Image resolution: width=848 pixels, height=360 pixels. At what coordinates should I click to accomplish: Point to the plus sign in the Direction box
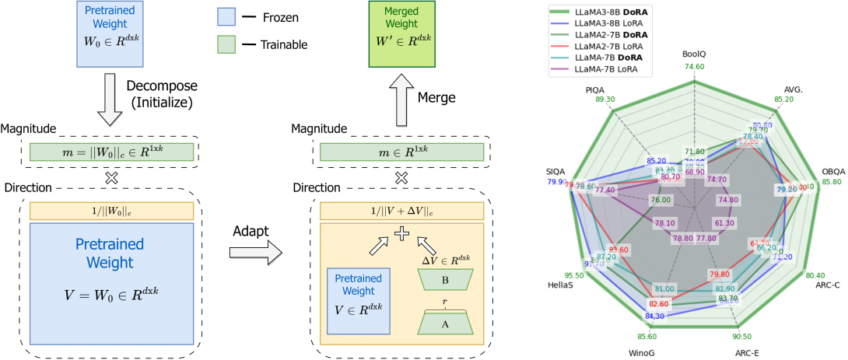pos(401,232)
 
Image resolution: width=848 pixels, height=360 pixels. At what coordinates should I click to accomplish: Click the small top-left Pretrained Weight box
pos(110,34)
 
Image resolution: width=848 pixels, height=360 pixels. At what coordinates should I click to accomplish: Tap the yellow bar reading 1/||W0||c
pos(110,210)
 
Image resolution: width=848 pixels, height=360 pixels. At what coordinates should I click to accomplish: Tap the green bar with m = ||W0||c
pos(110,152)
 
